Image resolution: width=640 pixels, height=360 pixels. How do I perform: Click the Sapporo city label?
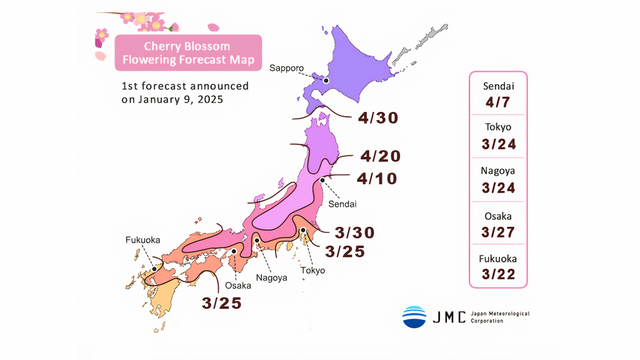[x=286, y=67]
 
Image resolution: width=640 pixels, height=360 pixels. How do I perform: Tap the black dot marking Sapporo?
[x=326, y=81]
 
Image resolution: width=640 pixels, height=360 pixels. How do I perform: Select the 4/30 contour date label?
[x=378, y=117]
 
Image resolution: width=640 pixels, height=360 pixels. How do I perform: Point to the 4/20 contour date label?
[x=380, y=156]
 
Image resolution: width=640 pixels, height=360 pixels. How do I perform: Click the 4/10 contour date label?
[x=377, y=178]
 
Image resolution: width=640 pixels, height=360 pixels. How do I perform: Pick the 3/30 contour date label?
[x=354, y=233]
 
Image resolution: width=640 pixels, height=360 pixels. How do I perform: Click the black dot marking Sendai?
[x=322, y=180]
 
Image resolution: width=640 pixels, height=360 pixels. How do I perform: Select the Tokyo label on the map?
[x=312, y=271]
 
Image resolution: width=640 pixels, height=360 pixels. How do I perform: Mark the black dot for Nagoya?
[x=256, y=240]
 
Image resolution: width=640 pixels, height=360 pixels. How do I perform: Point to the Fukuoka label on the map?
[x=142, y=240]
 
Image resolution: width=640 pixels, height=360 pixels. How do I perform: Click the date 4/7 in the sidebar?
[x=498, y=101]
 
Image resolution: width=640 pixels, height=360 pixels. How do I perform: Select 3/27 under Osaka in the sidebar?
[x=498, y=231]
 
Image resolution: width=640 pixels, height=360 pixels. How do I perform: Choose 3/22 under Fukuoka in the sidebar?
[x=498, y=274]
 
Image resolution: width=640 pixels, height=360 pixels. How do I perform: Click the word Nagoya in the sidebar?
[x=498, y=171]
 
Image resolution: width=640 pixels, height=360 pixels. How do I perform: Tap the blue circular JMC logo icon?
[x=414, y=317]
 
